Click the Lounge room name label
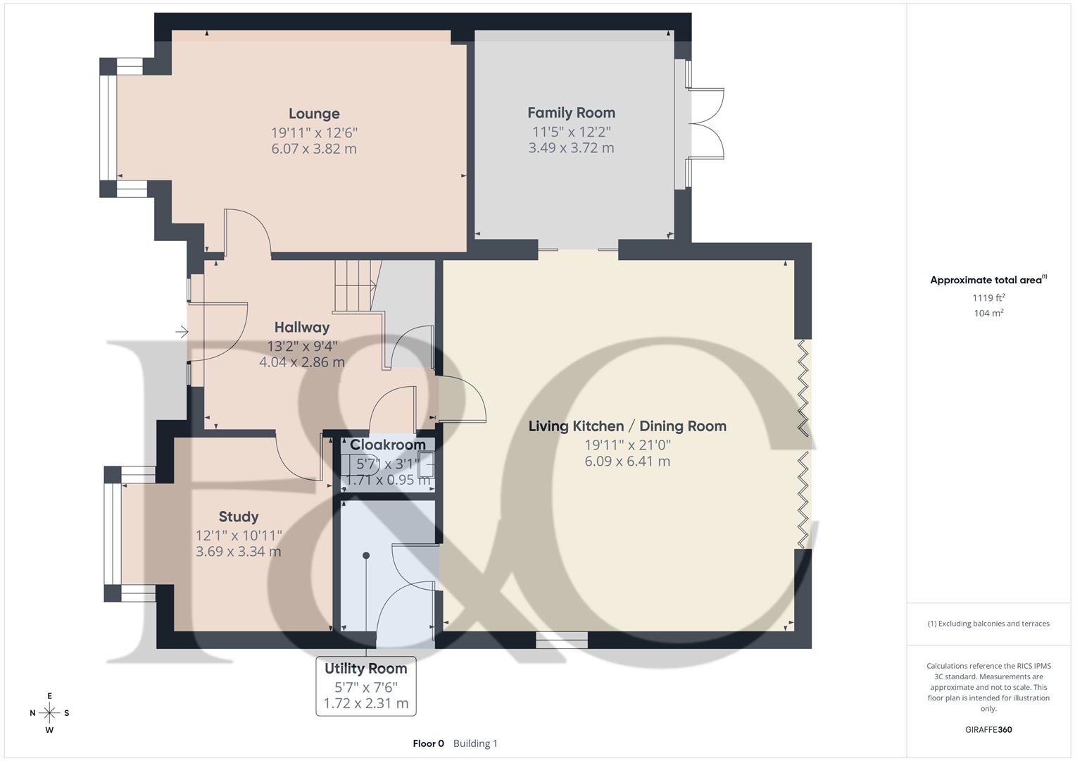[314, 113]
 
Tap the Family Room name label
[571, 113]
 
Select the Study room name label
[239, 516]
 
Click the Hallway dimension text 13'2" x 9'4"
[302, 346]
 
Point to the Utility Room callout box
[365, 686]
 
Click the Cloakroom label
[387, 445]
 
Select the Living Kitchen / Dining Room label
[627, 426]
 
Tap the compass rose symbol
[49, 713]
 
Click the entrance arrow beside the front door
[182, 331]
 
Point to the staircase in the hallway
[355, 285]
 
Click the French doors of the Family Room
[706, 124]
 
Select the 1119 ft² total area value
[988, 297]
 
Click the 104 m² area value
[988, 314]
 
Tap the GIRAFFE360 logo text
[988, 730]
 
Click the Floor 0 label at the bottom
[428, 743]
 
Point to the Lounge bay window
[109, 128]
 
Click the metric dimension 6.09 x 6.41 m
[627, 462]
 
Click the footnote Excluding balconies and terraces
[988, 624]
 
